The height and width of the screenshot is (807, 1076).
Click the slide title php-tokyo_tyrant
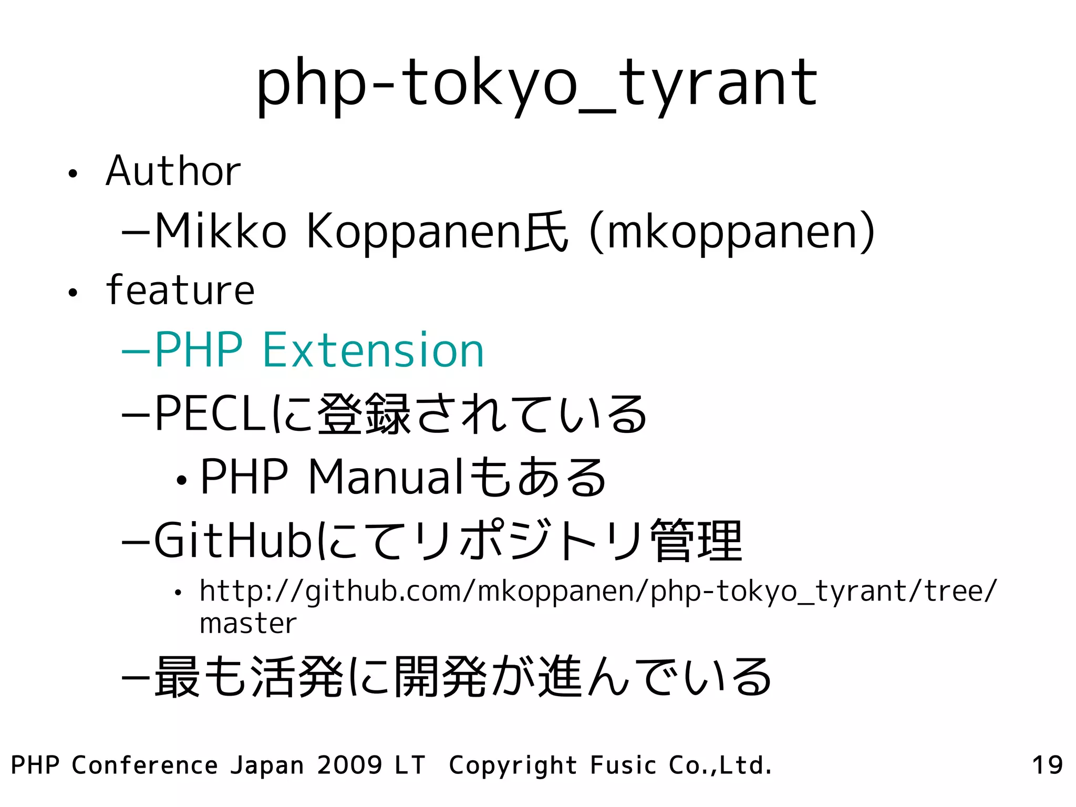point(536,84)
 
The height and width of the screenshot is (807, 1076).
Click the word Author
point(173,171)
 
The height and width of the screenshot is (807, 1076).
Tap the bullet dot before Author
point(73,174)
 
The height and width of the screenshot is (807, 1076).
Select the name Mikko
point(221,232)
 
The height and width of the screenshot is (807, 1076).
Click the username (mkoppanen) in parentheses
point(732,232)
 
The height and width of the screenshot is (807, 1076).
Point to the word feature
point(180,290)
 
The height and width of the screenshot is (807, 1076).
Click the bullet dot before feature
point(73,293)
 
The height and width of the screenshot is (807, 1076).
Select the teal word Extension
point(373,350)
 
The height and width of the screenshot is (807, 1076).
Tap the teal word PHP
point(199,350)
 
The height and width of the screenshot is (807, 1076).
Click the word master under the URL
point(248,624)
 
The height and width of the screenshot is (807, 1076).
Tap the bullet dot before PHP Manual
point(181,480)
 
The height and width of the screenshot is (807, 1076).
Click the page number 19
point(1047,765)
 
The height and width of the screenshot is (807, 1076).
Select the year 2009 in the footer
point(349,765)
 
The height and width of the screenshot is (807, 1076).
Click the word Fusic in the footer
point(623,765)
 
